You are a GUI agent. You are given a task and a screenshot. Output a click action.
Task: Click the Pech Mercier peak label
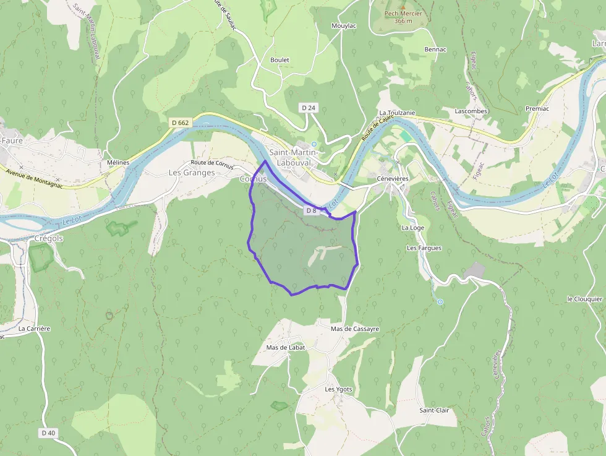coord(403,17)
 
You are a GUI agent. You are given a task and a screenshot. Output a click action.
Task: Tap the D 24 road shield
coord(309,108)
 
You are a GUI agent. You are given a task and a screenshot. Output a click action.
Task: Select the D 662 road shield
coord(179,123)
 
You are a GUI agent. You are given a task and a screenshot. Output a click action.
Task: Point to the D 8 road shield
coord(311,210)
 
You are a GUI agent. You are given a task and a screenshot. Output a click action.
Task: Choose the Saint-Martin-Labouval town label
coord(294,157)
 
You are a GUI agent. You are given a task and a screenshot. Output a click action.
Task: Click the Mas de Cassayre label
coord(355,329)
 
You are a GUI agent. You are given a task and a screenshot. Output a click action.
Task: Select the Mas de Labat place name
coord(286,347)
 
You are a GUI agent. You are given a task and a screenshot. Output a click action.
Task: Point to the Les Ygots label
coord(339,389)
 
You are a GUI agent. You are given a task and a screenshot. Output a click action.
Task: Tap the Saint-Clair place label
coord(434,410)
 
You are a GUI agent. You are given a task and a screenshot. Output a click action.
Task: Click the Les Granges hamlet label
coord(192,173)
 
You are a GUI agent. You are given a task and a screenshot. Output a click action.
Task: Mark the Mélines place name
coord(117,162)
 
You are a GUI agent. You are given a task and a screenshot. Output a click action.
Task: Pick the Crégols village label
coord(49,238)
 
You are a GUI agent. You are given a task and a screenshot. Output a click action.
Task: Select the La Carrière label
coord(35,329)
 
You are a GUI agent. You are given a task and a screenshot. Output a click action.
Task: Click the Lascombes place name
coord(471,111)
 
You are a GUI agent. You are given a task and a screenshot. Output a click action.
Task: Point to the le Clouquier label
coord(585,299)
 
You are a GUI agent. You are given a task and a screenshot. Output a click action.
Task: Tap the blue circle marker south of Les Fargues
coord(440,302)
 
